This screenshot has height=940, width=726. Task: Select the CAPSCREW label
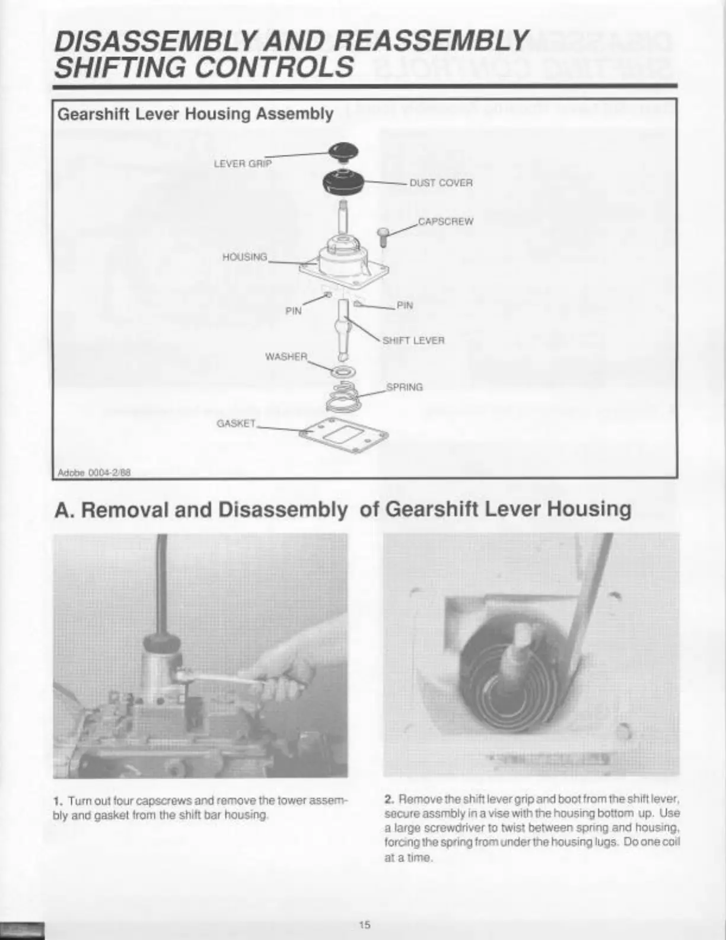pyautogui.click(x=446, y=222)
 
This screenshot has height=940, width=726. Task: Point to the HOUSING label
pyautogui.click(x=244, y=257)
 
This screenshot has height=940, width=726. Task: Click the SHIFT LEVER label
pyautogui.click(x=413, y=341)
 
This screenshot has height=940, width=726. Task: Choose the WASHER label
pyautogui.click(x=286, y=357)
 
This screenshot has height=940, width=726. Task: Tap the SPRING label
pyautogui.click(x=405, y=388)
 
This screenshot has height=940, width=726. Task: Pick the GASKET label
pyautogui.click(x=236, y=424)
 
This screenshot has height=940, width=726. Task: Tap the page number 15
pyautogui.click(x=364, y=924)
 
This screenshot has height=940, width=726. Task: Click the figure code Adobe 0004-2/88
pyautogui.click(x=94, y=472)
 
